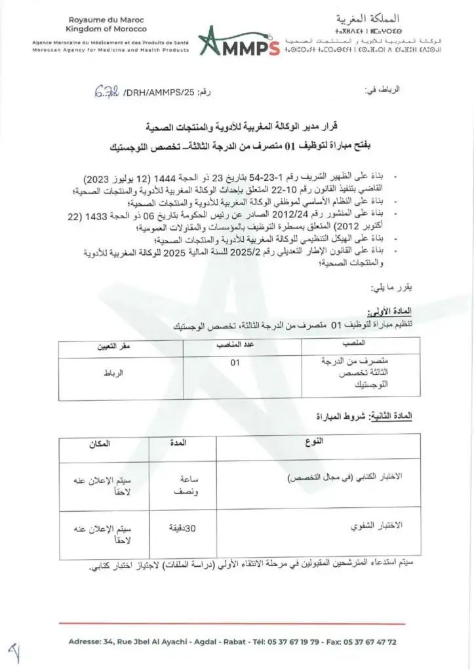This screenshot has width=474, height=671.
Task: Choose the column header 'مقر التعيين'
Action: click(x=115, y=345)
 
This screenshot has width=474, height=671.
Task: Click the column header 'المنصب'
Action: click(x=354, y=345)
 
